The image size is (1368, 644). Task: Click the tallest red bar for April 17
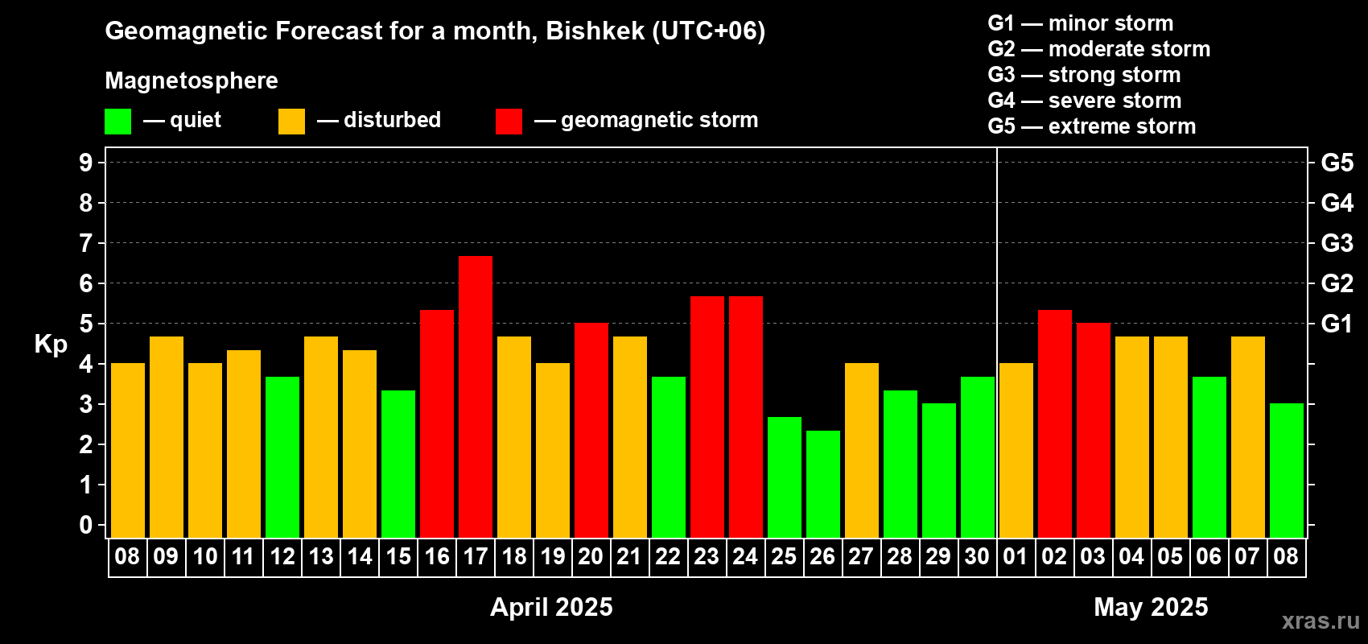475,397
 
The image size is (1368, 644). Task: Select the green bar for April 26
822,484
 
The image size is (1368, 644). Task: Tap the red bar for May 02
1055,423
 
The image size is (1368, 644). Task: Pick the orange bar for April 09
166,437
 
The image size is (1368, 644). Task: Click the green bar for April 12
282,457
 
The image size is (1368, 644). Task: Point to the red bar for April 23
707,417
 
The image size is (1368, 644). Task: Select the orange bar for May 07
1247,437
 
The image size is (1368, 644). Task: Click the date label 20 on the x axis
591,556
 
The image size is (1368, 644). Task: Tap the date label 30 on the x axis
977,556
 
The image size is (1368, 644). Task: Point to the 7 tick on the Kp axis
85,243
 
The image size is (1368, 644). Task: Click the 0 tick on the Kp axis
85,525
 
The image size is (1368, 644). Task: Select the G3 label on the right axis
1337,243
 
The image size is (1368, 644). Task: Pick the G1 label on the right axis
1337,324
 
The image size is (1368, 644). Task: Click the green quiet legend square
117,121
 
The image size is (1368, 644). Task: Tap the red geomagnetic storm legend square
509,121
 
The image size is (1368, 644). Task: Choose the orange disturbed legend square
291,121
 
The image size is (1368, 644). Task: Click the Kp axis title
51,345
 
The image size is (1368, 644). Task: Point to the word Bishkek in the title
595,31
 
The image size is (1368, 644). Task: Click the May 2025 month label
1151,607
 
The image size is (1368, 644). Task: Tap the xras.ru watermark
1321,621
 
